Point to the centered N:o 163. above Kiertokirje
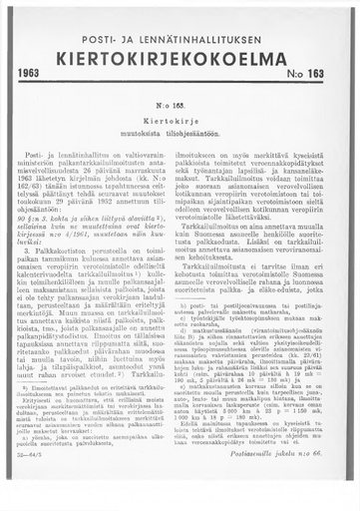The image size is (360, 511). (180, 104)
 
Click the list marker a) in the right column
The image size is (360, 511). (191, 337)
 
